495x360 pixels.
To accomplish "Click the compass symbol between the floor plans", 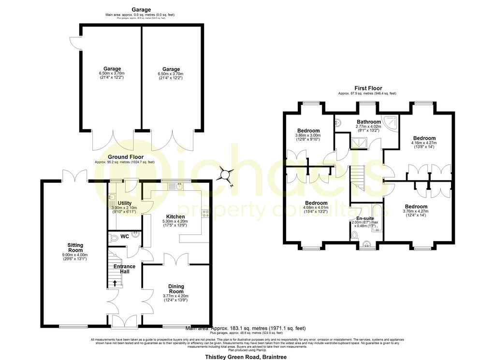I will (226, 174).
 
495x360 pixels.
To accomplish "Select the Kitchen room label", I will (175, 216).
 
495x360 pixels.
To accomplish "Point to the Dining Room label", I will (176, 288).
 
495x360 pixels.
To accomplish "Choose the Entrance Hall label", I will (124, 269).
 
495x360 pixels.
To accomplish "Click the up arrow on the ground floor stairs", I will (115, 284).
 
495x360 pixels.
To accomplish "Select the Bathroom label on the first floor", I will (368, 122).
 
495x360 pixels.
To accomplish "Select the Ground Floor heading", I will (125, 157).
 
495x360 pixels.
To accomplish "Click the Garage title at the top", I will (141, 10).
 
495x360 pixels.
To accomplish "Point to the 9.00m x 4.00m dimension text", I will (75, 255).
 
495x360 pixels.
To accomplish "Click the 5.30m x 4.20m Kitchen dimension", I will (175, 222).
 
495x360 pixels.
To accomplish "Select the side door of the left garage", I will (74, 43).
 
